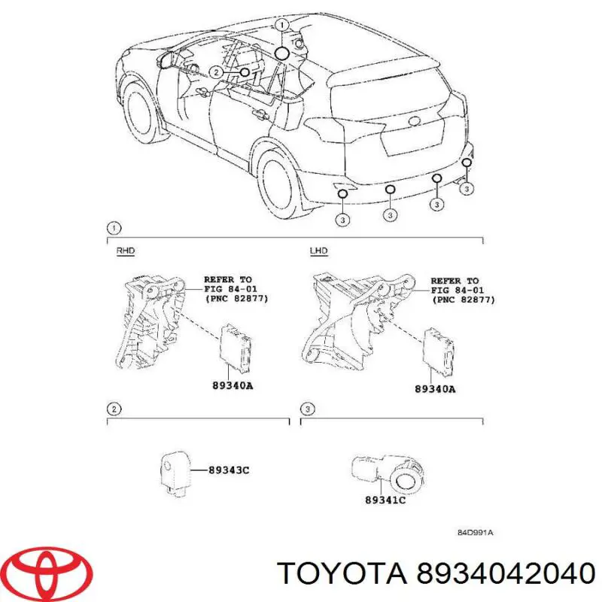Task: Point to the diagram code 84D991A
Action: (x=475, y=532)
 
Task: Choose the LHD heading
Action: (x=318, y=251)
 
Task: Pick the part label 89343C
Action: (x=230, y=470)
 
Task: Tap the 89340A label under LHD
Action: (x=435, y=389)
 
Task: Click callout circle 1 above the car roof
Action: (x=281, y=25)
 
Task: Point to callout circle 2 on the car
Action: (x=216, y=73)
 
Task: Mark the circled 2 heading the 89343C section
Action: (x=113, y=409)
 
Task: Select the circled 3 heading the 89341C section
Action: (x=306, y=409)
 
